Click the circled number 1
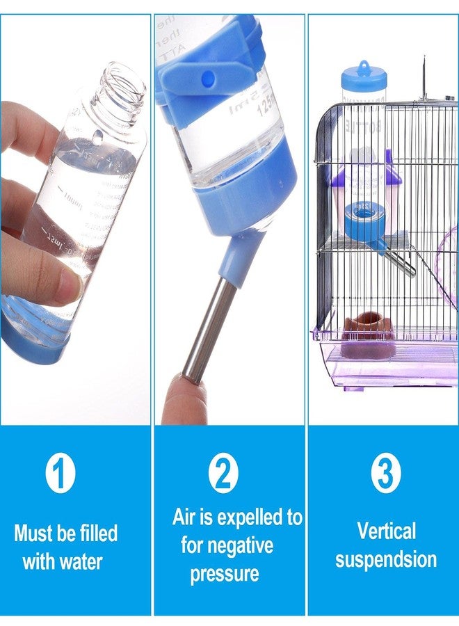click(x=61, y=474)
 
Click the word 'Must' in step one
click(x=34, y=534)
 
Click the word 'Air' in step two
click(x=184, y=518)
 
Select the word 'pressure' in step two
click(x=224, y=574)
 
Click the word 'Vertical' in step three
click(x=387, y=531)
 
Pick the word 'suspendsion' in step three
click(x=386, y=559)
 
